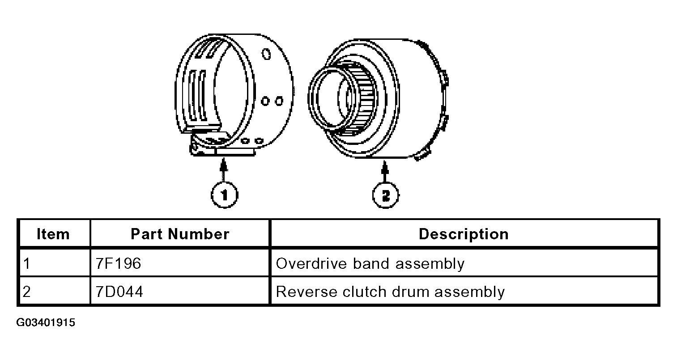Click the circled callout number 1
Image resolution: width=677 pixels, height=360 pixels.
pos(224,195)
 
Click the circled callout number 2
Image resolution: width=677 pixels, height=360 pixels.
pos(385,195)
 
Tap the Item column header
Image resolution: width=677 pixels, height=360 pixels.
pos(53,234)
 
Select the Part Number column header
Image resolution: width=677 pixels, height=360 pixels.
pos(180,234)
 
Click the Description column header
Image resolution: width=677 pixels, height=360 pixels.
pos(464,234)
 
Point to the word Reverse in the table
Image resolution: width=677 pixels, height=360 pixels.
pos(307,292)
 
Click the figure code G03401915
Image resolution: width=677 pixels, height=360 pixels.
pos(46,322)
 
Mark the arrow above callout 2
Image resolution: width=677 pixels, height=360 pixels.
pos(385,171)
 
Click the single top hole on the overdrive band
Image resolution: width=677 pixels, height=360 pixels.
pos(266,54)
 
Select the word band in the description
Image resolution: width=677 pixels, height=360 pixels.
pos(371,263)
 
